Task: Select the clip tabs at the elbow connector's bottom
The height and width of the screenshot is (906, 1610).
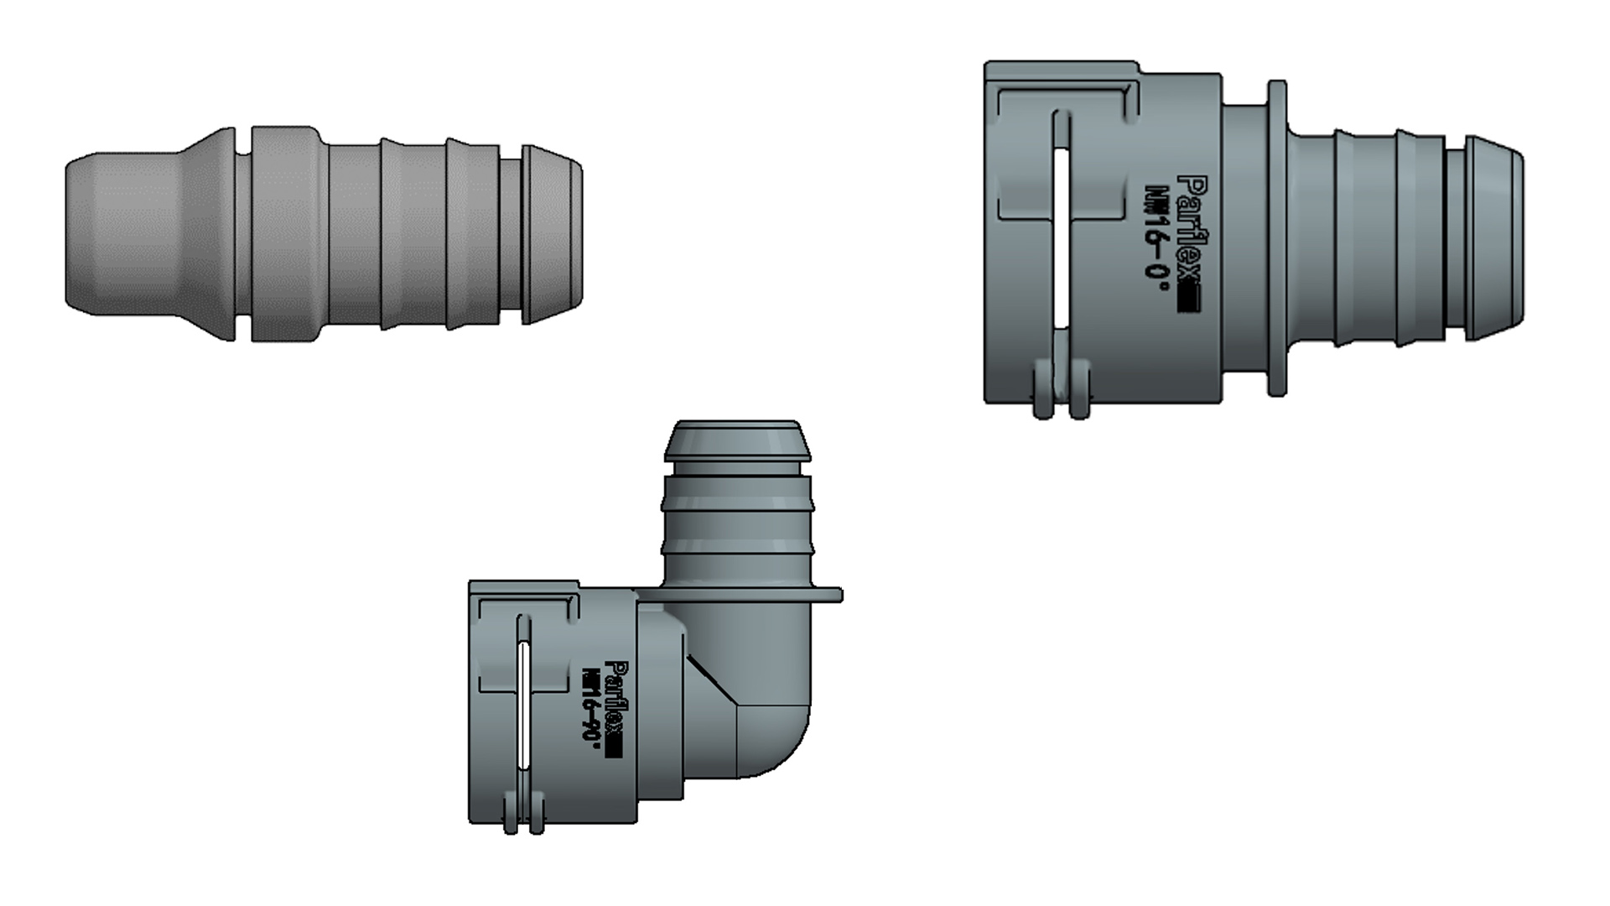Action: [523, 818]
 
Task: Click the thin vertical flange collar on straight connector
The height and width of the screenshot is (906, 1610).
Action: [1276, 238]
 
